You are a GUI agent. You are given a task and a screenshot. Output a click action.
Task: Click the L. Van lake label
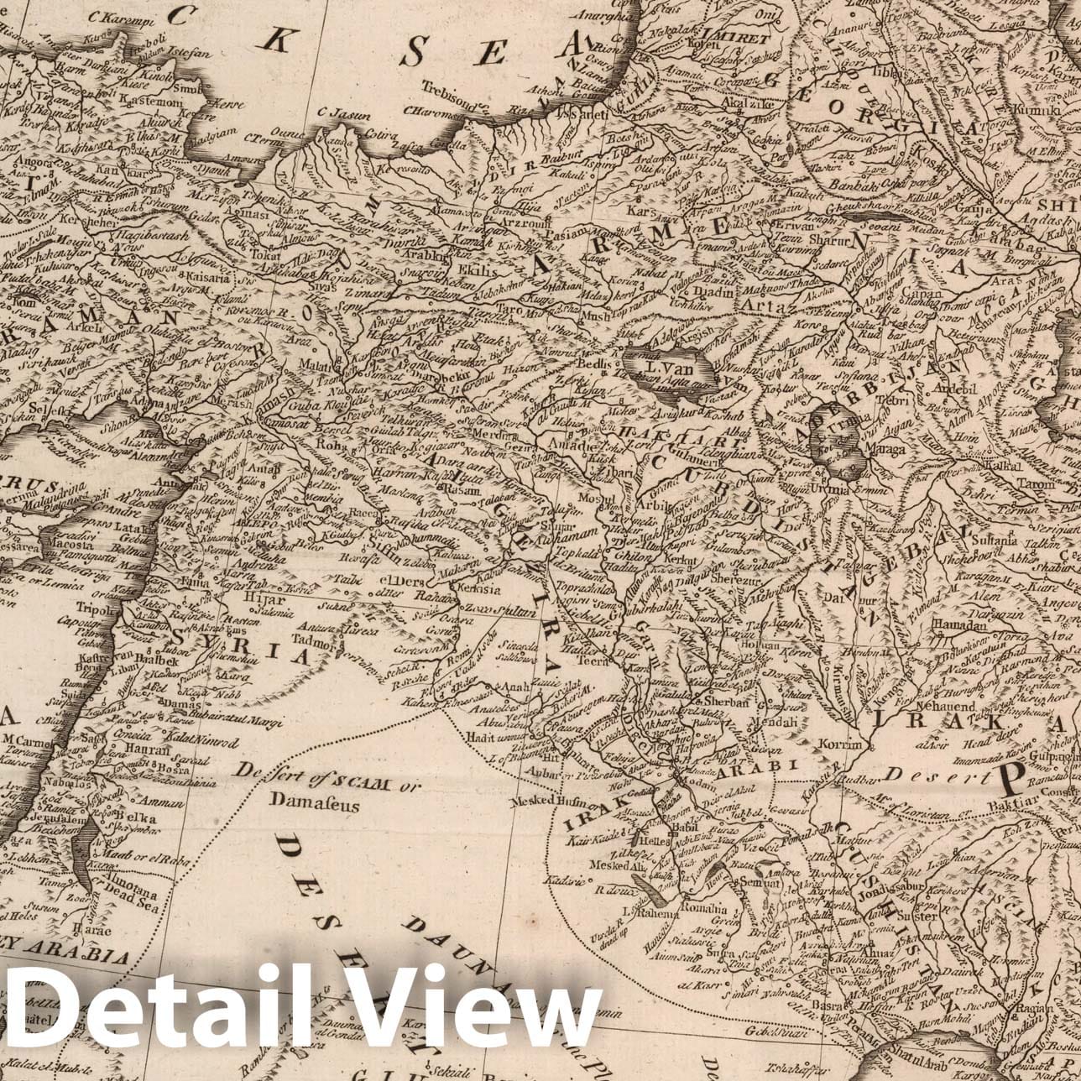pos(669,368)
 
